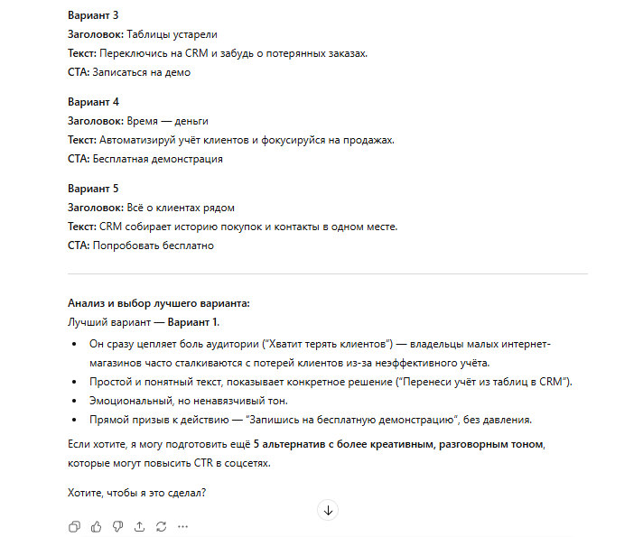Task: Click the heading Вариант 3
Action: tap(93, 16)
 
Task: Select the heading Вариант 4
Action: tap(93, 102)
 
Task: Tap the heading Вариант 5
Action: tap(93, 189)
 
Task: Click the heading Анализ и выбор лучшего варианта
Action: tap(158, 303)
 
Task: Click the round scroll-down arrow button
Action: tap(328, 510)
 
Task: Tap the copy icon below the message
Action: tap(74, 526)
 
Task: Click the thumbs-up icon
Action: tap(96, 526)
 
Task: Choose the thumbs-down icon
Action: tap(117, 526)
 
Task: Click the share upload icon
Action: tap(139, 526)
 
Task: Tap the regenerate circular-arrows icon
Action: tap(161, 526)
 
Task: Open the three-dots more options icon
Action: tap(182, 526)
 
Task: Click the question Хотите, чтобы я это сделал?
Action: tap(136, 493)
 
